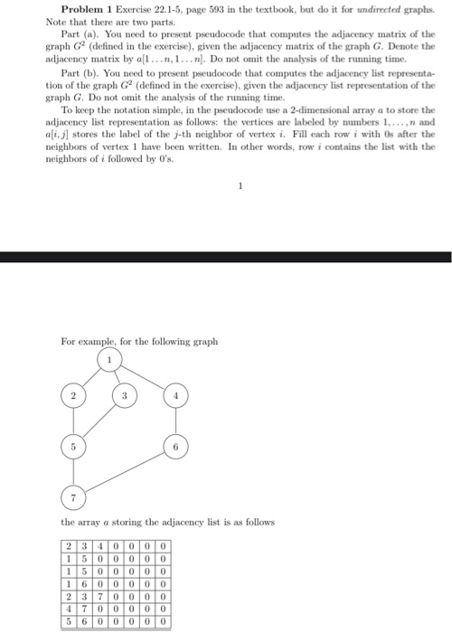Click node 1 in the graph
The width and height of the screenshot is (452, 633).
coord(111,363)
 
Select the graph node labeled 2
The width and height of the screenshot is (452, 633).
coord(69,396)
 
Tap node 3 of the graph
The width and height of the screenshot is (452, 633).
coord(125,397)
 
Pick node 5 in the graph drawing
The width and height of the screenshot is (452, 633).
coord(69,447)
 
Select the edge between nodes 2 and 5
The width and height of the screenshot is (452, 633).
coord(69,421)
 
